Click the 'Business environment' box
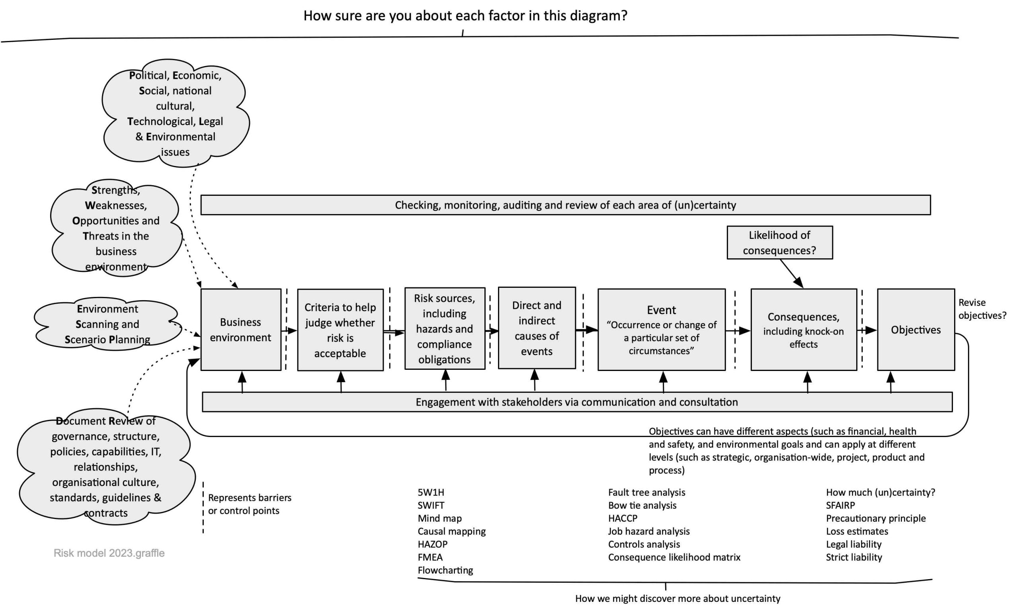[241, 329]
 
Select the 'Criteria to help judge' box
[340, 330]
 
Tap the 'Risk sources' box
[445, 328]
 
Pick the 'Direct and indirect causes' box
[537, 328]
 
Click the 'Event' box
[661, 329]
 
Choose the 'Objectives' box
[916, 329]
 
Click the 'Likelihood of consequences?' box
[779, 242]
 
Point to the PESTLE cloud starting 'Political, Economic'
[176, 113]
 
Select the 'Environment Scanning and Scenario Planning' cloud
[108, 324]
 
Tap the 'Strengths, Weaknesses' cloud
[116, 228]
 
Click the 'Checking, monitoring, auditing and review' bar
[565, 205]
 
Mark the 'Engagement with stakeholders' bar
[577, 402]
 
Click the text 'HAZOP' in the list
[432, 544]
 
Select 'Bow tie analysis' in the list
[642, 505]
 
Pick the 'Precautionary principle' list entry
[876, 518]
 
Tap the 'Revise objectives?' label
[982, 309]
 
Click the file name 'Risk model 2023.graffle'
[109, 553]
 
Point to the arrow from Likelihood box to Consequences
[792, 273]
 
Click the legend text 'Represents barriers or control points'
[250, 504]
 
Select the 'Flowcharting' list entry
[445, 570]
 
